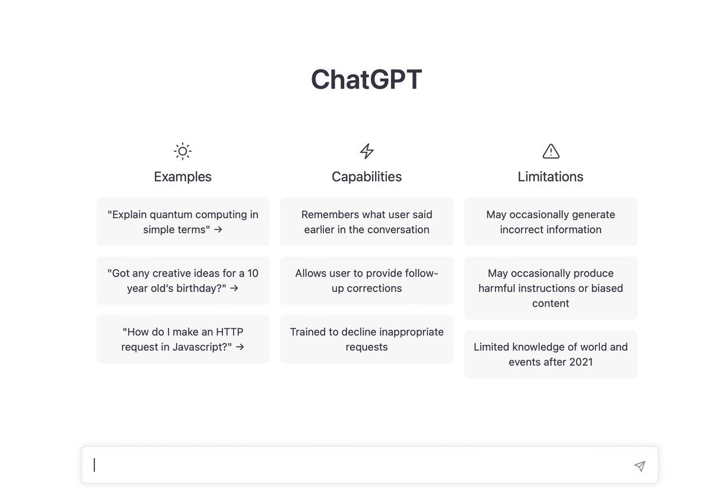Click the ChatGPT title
[366, 80]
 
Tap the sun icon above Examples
[183, 151]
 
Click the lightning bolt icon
[367, 151]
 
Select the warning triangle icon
[551, 151]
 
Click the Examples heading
[183, 177]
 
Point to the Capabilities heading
[367, 177]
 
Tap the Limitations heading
[551, 177]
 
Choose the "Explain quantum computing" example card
[183, 222]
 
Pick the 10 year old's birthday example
[183, 281]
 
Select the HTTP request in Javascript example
[183, 339]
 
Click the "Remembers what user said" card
[367, 222]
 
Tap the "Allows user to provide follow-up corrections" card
[367, 281]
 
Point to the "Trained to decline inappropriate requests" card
[367, 339]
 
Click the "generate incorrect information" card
[551, 222]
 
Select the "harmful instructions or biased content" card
[551, 288]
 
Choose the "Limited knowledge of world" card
[551, 354]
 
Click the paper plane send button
[640, 466]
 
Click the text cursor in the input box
[94, 465]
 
